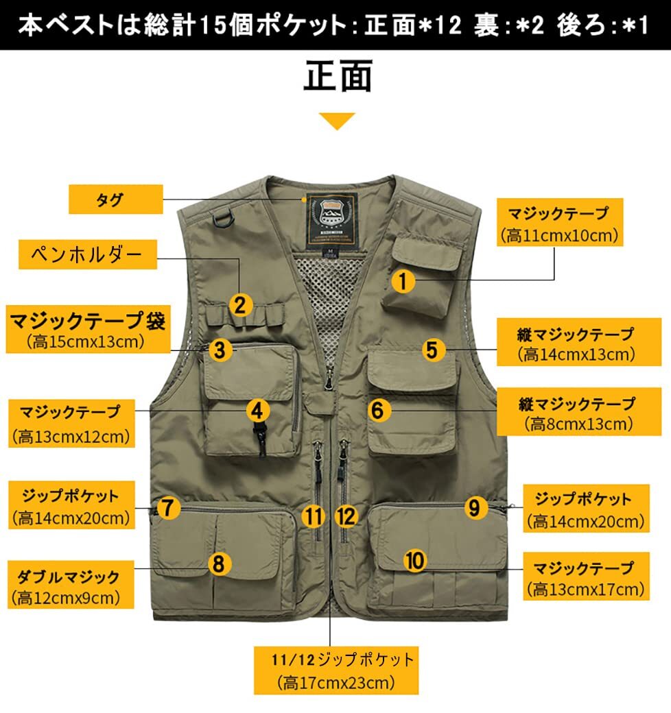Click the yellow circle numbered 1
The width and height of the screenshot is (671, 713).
coord(404,280)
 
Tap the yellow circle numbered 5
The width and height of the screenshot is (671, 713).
coord(431,349)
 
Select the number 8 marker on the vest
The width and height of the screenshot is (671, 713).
coord(218,564)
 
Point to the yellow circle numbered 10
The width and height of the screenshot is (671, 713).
coord(415,560)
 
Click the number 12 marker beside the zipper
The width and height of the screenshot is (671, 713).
coord(347,516)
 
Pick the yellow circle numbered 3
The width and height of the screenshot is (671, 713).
coord(219,350)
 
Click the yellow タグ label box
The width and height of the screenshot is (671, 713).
coord(116,200)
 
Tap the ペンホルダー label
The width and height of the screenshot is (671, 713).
coord(87,256)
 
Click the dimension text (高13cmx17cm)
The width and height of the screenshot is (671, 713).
coord(587,589)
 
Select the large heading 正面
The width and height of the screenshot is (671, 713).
coord(338,77)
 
